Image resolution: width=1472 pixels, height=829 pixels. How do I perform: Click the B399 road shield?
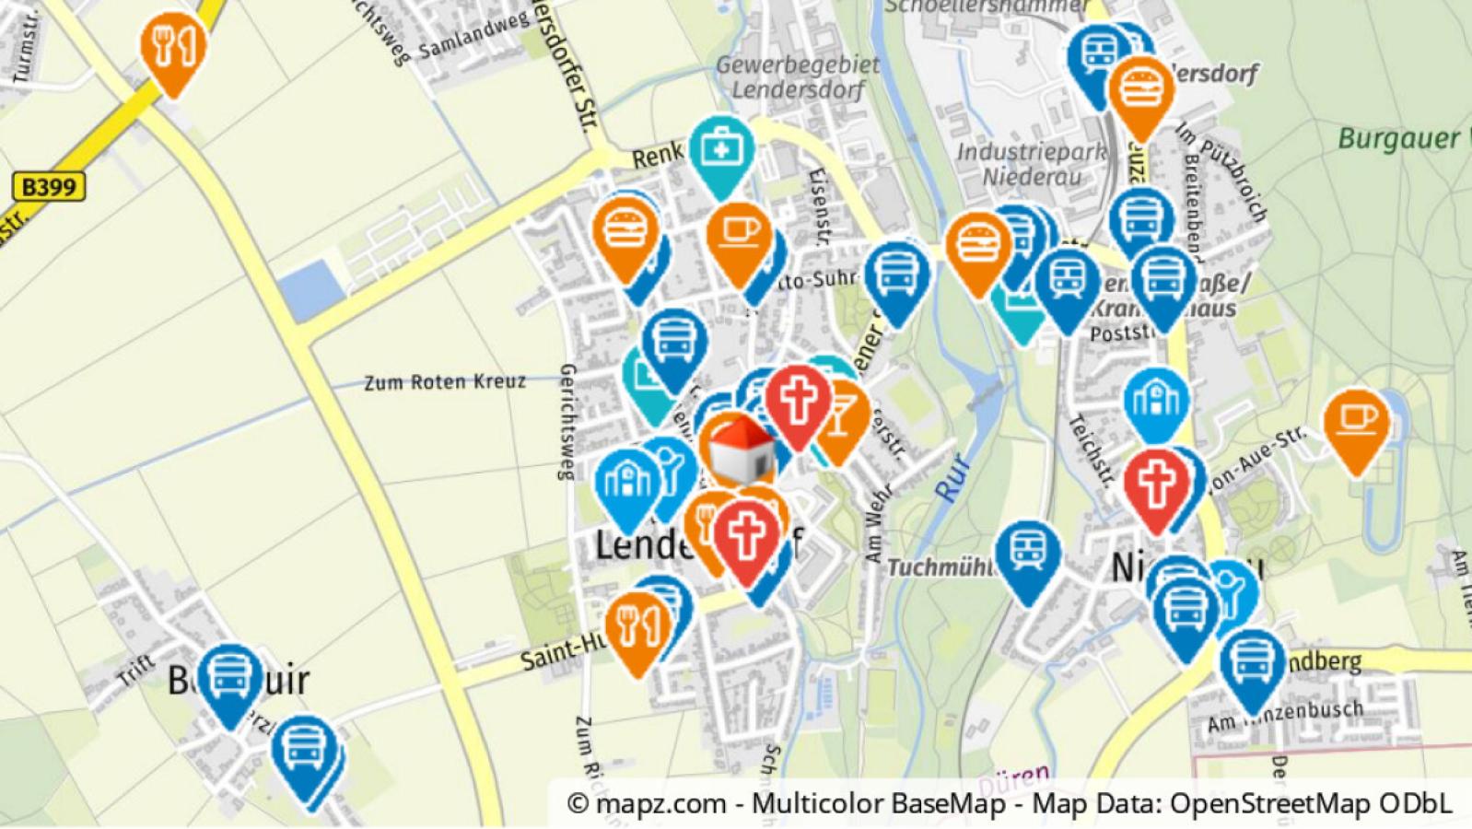tap(49, 187)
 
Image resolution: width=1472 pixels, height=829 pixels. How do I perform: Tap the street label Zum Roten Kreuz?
tap(445, 381)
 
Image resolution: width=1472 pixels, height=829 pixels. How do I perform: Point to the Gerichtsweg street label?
tap(567, 422)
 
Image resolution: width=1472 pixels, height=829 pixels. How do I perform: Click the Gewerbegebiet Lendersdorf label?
tap(797, 77)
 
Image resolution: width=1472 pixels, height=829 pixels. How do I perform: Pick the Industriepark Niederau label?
tap(1031, 163)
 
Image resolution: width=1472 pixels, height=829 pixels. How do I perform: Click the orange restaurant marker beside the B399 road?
tap(172, 46)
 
